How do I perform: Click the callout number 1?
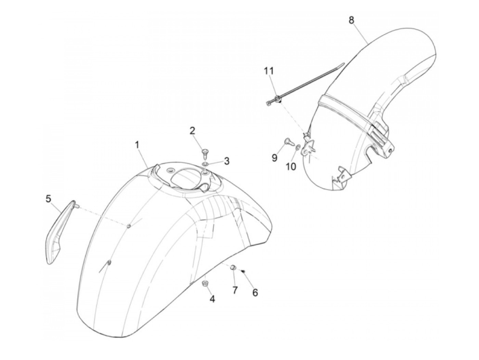137,145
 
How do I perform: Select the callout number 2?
193,130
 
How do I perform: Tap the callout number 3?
226,161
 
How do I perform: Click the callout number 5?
48,198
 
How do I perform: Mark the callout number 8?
352,20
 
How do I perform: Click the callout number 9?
274,158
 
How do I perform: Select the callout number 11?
269,72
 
